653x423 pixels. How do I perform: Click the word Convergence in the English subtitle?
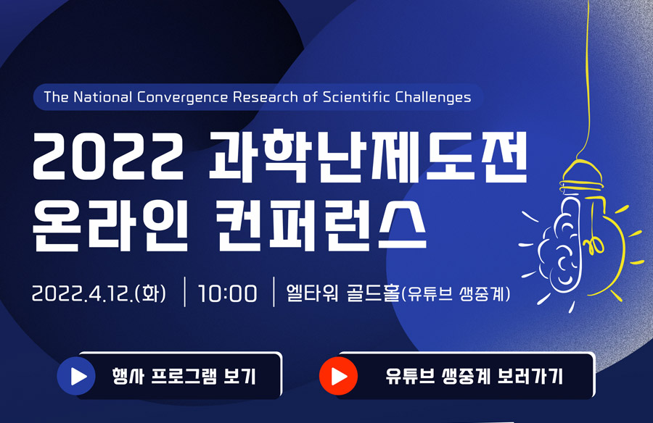[x=182, y=98]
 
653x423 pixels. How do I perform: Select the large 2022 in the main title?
[x=108, y=156]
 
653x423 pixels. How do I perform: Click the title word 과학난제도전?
[x=368, y=156]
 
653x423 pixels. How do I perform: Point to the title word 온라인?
[x=110, y=225]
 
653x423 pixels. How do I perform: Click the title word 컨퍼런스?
[x=321, y=225]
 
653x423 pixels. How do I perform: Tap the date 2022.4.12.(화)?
[x=99, y=293]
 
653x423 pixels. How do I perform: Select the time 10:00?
[x=227, y=293]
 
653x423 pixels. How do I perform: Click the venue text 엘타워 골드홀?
[x=342, y=293]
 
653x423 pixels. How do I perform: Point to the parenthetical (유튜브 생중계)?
[x=455, y=293]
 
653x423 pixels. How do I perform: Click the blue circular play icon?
[x=76, y=376]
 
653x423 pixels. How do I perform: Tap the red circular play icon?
[x=338, y=376]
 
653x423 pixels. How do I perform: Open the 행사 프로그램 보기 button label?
[x=184, y=377]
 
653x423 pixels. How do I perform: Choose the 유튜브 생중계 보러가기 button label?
[x=474, y=377]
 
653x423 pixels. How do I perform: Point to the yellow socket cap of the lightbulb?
[x=581, y=177]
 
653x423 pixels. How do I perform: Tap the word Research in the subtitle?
[x=266, y=97]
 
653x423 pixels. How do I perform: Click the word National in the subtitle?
[x=102, y=97]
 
